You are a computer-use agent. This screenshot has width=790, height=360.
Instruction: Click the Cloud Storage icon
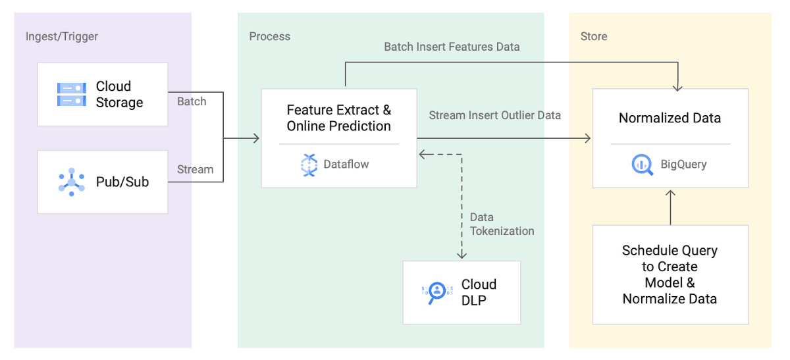pyautogui.click(x=72, y=95)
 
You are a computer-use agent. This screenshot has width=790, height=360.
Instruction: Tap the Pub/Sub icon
pyautogui.click(x=72, y=182)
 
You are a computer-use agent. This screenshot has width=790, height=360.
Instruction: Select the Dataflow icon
pyautogui.click(x=309, y=165)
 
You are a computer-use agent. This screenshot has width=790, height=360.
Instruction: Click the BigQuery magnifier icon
pyautogui.click(x=643, y=165)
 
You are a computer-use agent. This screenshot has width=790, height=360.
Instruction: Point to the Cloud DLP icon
pyautogui.click(x=437, y=292)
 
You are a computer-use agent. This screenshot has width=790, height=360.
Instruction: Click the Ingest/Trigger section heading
pyautogui.click(x=62, y=36)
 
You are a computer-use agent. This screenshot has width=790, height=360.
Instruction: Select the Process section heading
pyautogui.click(x=270, y=36)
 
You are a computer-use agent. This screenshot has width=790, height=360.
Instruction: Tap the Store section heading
pyautogui.click(x=594, y=36)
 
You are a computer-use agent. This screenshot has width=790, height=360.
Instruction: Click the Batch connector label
pyautogui.click(x=192, y=101)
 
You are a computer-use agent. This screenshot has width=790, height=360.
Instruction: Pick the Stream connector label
pyautogui.click(x=195, y=170)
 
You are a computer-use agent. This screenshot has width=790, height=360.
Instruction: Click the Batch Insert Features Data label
pyautogui.click(x=452, y=47)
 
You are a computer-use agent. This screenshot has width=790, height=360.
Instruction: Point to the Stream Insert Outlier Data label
pyautogui.click(x=495, y=115)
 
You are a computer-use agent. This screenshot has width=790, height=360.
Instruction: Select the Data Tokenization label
pyautogui.click(x=502, y=224)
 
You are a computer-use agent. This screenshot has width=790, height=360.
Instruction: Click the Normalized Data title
pyautogui.click(x=670, y=118)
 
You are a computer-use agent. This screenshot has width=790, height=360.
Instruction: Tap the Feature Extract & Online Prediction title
pyautogui.click(x=339, y=118)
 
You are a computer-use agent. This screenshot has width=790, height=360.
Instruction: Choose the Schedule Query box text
pyautogui.click(x=670, y=274)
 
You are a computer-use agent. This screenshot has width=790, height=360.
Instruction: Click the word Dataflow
pyautogui.click(x=346, y=165)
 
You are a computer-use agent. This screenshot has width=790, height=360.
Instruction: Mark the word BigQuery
pyautogui.click(x=683, y=165)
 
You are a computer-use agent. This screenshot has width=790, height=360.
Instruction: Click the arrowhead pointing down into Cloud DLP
pyautogui.click(x=461, y=255)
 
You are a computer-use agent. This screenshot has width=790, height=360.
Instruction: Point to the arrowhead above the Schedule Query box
pyautogui.click(x=670, y=193)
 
